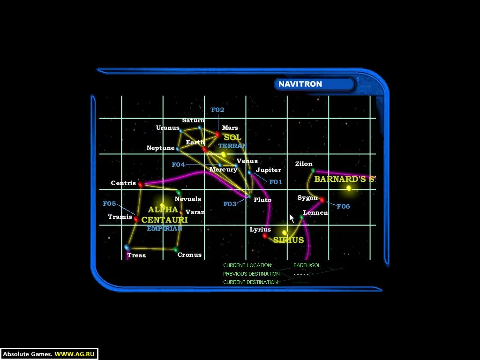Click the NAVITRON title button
(315, 84)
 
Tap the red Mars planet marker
(217, 135)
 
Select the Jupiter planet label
(269, 170)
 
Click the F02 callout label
(217, 110)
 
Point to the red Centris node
(141, 185)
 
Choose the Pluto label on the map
(262, 200)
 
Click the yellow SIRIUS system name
(288, 240)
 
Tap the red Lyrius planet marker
(265, 236)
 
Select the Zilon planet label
(304, 164)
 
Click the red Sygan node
(322, 200)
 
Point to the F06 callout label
(343, 206)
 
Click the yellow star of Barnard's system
(349, 188)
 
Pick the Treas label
(136, 255)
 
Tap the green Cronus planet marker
(176, 249)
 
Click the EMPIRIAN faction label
(165, 228)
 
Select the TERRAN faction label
(232, 146)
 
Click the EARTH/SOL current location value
(307, 265)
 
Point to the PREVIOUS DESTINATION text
(252, 274)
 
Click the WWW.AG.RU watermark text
(75, 354)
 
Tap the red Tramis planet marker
(136, 219)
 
